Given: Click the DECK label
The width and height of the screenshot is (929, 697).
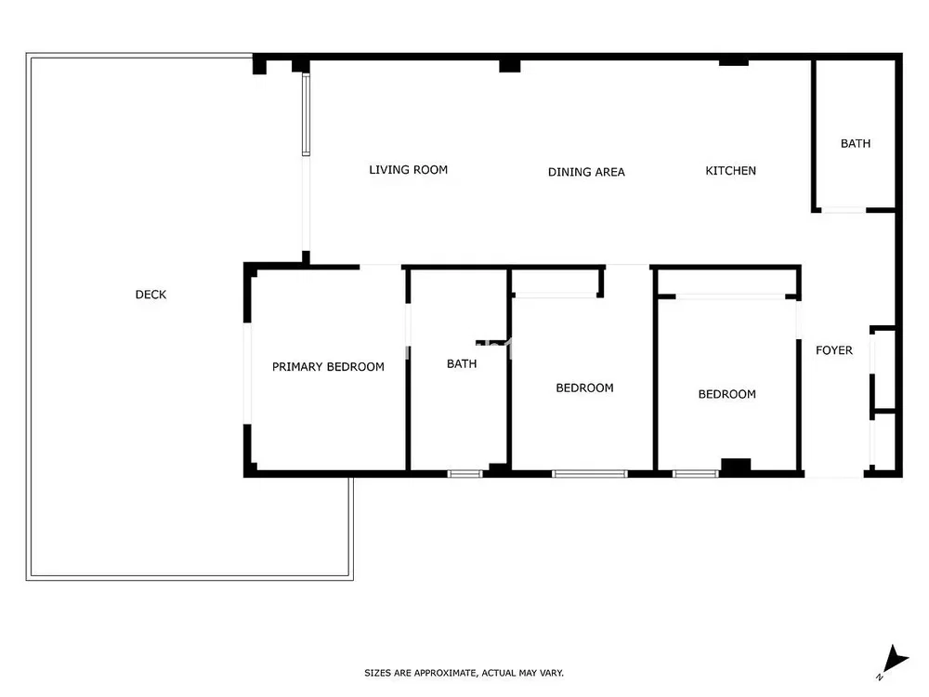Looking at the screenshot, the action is point(150,295).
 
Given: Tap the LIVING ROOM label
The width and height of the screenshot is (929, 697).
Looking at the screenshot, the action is point(408,170).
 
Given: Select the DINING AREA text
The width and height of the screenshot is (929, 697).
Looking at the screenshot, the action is point(586,172).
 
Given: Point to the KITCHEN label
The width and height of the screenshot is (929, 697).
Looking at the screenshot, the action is point(730,171).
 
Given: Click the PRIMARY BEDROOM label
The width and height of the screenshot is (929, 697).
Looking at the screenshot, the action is point(328,367).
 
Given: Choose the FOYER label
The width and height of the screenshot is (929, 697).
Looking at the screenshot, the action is point(834,350).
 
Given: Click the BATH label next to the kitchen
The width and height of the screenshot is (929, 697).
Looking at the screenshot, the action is point(856,143).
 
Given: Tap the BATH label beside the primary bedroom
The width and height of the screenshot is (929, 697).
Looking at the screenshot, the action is point(462,364).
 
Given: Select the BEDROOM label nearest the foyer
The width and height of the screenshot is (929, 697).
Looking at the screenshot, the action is point(727,394).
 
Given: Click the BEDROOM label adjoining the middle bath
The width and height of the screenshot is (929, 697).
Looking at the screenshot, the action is point(584,388).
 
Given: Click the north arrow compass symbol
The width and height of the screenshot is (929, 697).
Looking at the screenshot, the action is point(893,662).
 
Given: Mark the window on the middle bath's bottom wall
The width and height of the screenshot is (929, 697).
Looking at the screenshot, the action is point(465,474).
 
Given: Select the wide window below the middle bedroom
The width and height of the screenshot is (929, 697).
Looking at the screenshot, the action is point(590,474).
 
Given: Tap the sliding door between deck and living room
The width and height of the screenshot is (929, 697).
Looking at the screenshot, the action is point(306,113).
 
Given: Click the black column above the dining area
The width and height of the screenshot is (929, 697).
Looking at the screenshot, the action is point(509,66).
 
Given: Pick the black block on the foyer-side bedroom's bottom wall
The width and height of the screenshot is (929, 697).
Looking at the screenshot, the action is point(736,466).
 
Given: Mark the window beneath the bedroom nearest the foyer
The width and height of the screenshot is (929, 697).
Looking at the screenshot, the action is point(696,474).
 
